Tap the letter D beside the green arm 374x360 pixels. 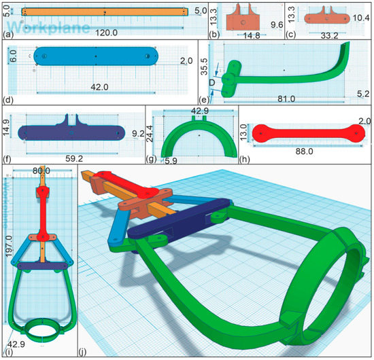coord(213,85)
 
